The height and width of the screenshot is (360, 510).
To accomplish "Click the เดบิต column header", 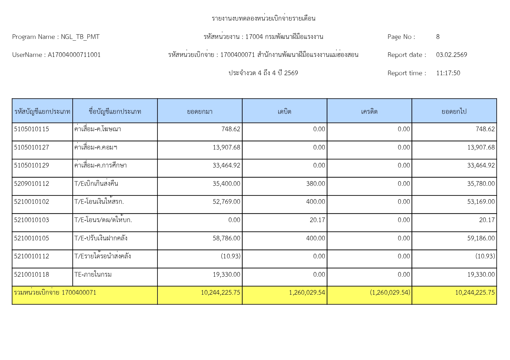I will [284, 111].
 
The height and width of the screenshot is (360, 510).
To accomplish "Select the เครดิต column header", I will [369, 111].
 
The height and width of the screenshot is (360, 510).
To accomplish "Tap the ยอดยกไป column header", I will [454, 111].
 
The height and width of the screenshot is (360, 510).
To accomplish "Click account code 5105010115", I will [31, 129].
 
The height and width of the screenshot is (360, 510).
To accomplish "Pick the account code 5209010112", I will [31, 184].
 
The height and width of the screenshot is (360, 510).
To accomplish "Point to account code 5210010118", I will [31, 275].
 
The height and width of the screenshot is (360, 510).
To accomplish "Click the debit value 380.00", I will [316, 184].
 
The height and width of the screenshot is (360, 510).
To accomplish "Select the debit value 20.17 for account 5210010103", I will [317, 220].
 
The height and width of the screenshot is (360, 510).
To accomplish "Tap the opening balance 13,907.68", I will [226, 147].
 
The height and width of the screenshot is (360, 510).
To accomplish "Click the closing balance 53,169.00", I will [481, 202].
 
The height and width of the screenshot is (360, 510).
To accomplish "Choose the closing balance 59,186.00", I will [481, 238].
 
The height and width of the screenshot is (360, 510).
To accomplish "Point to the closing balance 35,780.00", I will [481, 184].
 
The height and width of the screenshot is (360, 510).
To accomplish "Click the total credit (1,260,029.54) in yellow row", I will [390, 293].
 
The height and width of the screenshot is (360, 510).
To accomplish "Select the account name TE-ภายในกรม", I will [93, 275].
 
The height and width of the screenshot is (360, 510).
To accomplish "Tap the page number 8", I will [438, 37].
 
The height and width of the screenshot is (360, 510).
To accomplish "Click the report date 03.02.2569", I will [451, 55].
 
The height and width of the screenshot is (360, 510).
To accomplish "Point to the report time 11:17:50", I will [448, 73].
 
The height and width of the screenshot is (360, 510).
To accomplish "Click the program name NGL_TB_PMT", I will [80, 37].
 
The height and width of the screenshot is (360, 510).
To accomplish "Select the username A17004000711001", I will [74, 55].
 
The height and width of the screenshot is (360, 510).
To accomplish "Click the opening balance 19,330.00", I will [226, 275].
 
